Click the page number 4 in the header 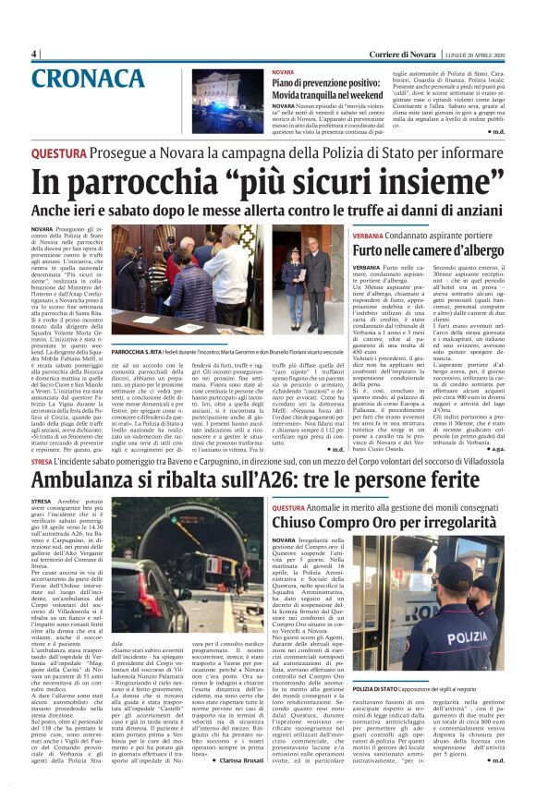[34, 54]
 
